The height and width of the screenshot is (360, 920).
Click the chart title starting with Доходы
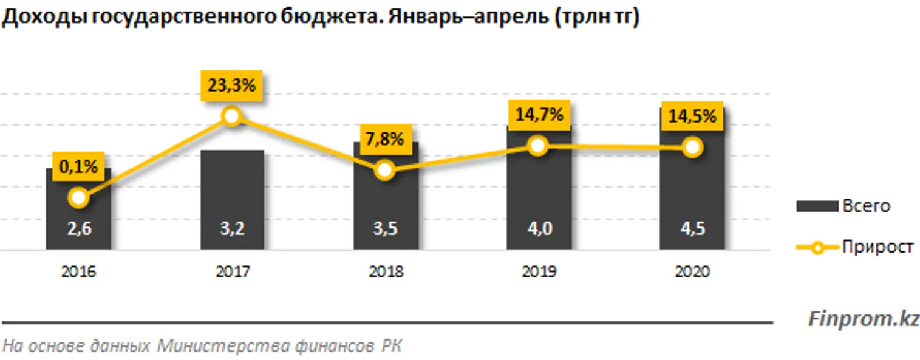(321, 19)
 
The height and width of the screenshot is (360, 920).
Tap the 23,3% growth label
(232, 86)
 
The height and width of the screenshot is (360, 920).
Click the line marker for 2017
(232, 117)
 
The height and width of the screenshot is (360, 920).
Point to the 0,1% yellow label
(78, 167)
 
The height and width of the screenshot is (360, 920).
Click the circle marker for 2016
(78, 197)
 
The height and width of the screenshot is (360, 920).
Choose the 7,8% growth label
(385, 140)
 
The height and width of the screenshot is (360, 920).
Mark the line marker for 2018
(385, 171)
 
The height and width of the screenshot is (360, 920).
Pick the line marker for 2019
(538, 146)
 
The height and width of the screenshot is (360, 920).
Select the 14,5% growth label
(692, 115)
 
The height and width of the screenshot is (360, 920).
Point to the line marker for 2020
(692, 147)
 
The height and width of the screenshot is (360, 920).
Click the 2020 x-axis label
(692, 273)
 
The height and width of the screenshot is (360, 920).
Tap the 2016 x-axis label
(78, 273)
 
